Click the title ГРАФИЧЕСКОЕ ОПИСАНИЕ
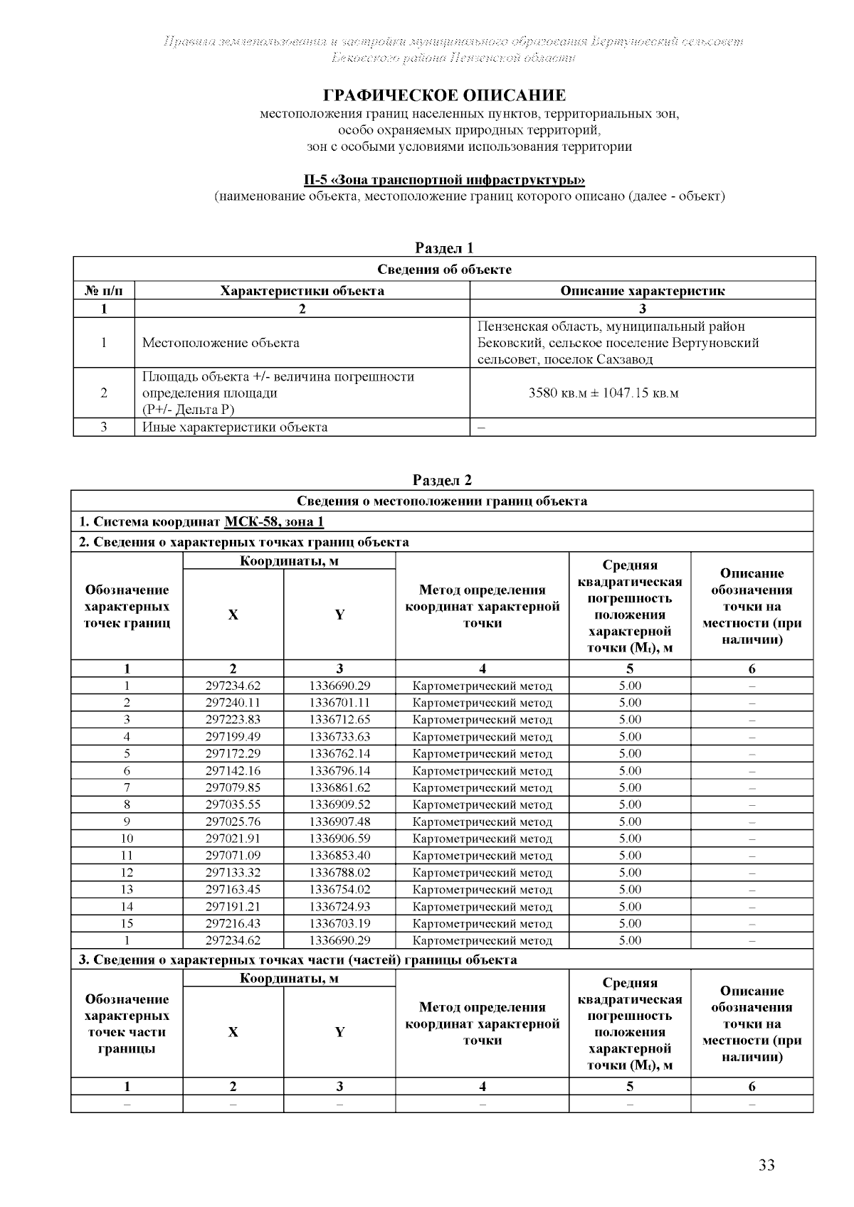pos(445,95)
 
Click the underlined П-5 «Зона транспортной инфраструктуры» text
pos(445,180)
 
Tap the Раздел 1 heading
pos(444,248)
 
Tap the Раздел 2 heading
pos(443,480)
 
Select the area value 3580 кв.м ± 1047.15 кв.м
pos(603,393)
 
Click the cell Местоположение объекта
pos(221,343)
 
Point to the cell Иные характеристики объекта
pos(235,427)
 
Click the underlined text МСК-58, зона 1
pos(274,522)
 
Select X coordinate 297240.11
pos(233,703)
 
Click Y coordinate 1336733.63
pos(339,737)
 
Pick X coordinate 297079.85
pos(233,787)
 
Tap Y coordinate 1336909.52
pos(339,804)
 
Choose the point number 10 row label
pos(127,839)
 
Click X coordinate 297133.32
pos(233,873)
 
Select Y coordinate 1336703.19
pos(339,923)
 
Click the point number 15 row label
pos(127,923)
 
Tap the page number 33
pos(766,1165)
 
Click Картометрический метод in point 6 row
pos(482,771)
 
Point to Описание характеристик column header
pos(642,290)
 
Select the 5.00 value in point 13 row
pos(630,889)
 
